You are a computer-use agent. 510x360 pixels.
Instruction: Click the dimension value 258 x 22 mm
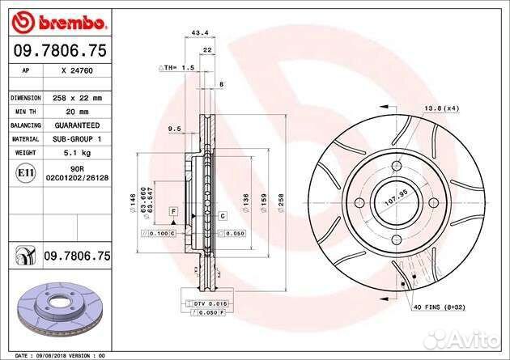coord(72,97)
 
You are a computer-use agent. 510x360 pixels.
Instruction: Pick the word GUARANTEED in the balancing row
coord(73,125)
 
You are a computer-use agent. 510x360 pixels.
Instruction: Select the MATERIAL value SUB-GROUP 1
coord(73,138)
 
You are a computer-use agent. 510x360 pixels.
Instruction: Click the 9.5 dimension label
coord(173,129)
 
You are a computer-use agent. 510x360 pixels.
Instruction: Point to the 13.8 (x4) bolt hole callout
coord(442,108)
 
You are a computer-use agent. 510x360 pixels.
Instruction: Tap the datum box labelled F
coord(172,211)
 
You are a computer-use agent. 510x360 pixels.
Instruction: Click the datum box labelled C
coord(221,216)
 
